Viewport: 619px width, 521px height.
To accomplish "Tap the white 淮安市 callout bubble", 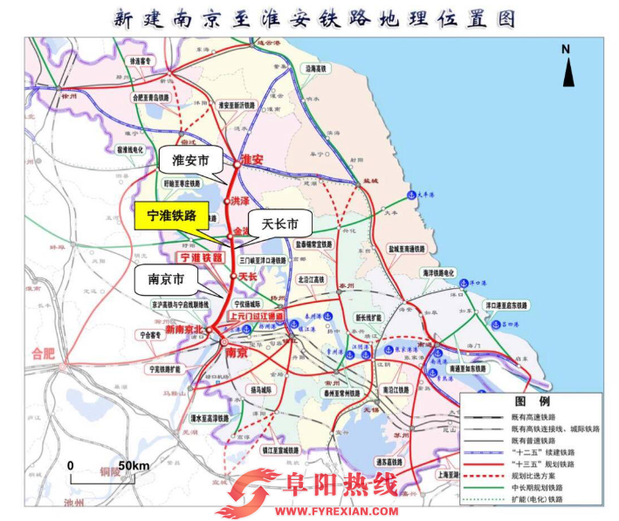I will pyautogui.click(x=185, y=161).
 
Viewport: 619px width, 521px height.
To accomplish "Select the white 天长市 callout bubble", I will pyautogui.click(x=280, y=223).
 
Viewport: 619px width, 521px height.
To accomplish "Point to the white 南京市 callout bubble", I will pyautogui.click(x=166, y=281).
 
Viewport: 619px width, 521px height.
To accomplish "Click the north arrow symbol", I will pyautogui.click(x=567, y=66).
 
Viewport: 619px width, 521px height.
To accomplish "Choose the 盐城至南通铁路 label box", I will pyautogui.click(x=402, y=249).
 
